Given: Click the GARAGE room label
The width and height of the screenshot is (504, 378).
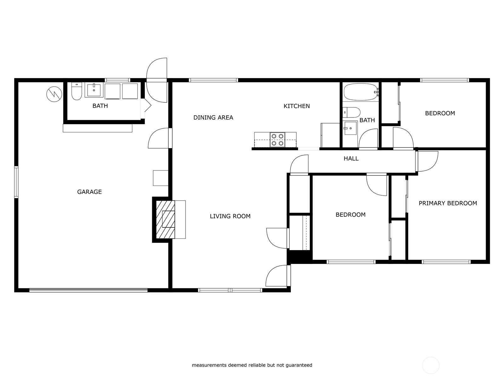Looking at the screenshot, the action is tap(89, 192).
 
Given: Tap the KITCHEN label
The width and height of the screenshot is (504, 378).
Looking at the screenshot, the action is tap(297, 106).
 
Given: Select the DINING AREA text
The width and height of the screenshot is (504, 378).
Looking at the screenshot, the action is tap(213, 117).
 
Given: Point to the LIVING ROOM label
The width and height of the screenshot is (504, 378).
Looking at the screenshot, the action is tap(230, 216).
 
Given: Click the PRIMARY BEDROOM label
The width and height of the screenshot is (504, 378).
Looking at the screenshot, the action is tap(448, 203).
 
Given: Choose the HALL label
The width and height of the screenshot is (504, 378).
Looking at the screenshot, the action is tap(351, 158).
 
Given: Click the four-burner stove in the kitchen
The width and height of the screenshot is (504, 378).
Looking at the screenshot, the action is tap(278, 140).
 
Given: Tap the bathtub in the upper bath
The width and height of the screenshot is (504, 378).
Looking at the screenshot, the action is tap(361, 92).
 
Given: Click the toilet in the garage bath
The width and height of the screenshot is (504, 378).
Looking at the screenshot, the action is tap(77, 91).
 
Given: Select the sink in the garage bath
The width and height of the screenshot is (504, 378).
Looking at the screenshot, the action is tap(94, 90).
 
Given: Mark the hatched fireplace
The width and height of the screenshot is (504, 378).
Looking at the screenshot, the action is tap(165, 220).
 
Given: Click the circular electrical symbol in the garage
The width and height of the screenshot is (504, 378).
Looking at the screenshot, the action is tap(54, 94).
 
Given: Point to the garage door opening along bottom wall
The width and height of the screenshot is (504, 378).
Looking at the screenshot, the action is tap(89, 290).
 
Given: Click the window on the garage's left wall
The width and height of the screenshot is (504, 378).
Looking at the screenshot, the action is tap(16, 182).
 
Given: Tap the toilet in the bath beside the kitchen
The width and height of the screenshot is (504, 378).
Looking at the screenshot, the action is tap(351, 112).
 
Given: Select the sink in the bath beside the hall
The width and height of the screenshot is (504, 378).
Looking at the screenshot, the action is tap(350, 128).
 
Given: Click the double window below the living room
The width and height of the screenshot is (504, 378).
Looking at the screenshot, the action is tap(230, 290).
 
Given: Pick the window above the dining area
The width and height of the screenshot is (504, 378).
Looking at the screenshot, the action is tap(213, 80).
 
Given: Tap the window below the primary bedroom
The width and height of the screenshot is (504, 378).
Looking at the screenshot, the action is tap(446, 262).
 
